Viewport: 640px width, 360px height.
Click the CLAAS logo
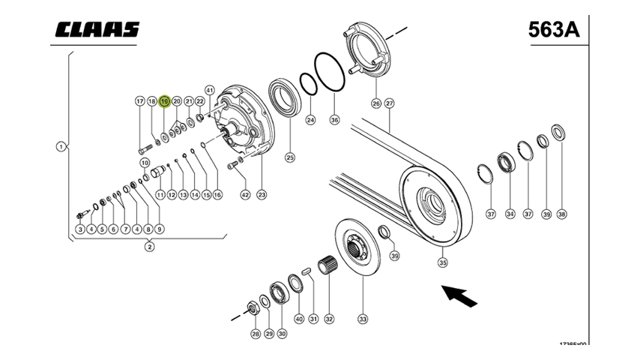click(x=96, y=29)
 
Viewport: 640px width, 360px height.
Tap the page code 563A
click(x=555, y=29)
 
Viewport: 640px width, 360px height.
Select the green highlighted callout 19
click(x=164, y=101)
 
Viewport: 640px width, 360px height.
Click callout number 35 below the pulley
click(x=443, y=262)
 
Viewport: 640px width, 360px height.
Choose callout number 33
click(x=363, y=319)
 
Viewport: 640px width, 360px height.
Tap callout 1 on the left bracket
click(x=60, y=146)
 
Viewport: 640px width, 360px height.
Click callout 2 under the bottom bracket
click(x=150, y=246)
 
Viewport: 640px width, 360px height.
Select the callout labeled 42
click(x=245, y=195)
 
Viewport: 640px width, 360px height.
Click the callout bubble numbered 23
click(x=262, y=195)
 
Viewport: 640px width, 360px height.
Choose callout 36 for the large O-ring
click(x=334, y=120)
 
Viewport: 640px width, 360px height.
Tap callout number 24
click(x=310, y=120)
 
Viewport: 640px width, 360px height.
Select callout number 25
click(x=289, y=157)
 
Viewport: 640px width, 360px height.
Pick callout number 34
click(x=510, y=214)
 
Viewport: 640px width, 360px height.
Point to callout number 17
click(x=139, y=101)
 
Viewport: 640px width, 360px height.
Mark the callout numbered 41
click(x=209, y=90)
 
